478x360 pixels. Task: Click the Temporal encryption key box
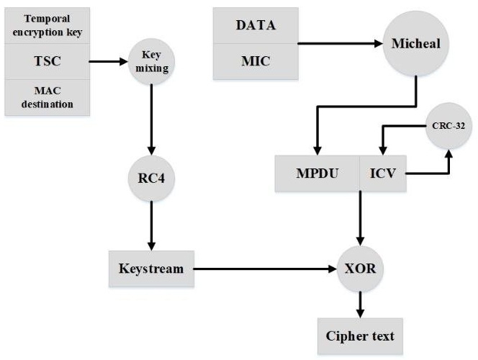coord(48,25)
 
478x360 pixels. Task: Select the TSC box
coord(48,61)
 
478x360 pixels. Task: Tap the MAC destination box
coord(48,97)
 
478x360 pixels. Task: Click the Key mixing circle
coord(151,61)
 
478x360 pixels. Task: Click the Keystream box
coord(151,269)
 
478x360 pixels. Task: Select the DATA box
coord(255,25)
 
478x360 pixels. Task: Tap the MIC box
coord(255,60)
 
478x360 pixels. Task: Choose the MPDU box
coord(317,174)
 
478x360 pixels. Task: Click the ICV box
coord(382,174)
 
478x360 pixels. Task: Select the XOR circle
coord(361,269)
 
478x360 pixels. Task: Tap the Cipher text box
coord(360,336)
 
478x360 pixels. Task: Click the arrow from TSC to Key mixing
coord(108,61)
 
